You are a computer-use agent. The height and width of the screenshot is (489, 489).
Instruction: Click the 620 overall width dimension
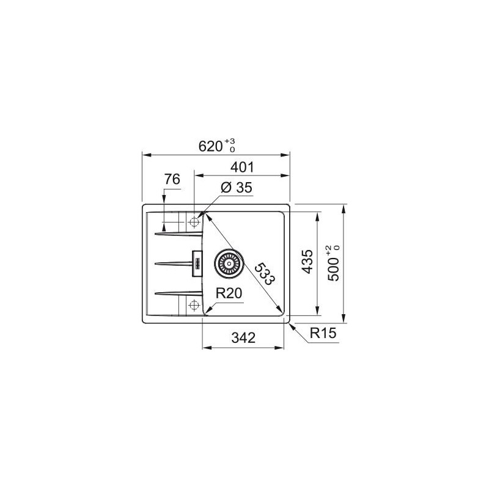pos(210,146)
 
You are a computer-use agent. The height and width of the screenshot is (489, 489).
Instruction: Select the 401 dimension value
pos(242,167)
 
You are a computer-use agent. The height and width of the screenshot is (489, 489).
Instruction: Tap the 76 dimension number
pos(172,179)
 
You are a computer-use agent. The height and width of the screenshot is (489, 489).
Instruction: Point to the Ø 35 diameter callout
pos(236,188)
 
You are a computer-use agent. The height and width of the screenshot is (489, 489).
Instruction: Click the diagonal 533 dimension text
pos(265,274)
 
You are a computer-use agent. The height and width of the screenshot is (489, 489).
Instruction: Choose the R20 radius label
pos(229,293)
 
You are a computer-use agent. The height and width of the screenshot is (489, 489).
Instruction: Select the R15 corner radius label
pos(323,333)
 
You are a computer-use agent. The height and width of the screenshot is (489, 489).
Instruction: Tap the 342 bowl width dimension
pos(243,338)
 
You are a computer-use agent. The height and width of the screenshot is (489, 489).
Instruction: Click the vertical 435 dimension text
pos(308,262)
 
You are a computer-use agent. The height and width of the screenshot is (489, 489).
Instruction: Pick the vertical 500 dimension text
pos(333,269)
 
